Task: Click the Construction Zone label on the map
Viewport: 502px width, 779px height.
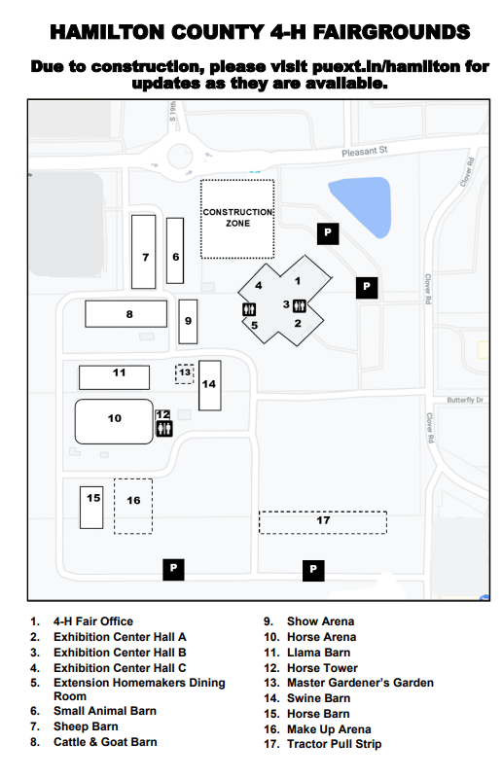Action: [237, 218]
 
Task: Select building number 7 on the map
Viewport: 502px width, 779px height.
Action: [143, 251]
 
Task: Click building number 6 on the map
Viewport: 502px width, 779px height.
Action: [175, 250]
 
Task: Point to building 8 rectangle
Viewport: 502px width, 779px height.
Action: [125, 313]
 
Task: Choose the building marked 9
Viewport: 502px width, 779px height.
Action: [188, 322]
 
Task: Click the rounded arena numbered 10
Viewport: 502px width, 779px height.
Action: [114, 421]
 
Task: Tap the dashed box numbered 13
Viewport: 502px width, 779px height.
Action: [185, 373]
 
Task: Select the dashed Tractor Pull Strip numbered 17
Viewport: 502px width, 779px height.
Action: [323, 522]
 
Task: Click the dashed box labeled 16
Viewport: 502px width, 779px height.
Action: [133, 507]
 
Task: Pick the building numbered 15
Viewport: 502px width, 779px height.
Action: [91, 508]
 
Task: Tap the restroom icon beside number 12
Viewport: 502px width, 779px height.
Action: [164, 428]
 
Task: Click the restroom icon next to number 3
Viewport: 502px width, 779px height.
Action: [300, 305]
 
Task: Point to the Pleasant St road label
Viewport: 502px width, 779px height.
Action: [364, 151]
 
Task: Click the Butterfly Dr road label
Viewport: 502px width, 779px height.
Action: [465, 400]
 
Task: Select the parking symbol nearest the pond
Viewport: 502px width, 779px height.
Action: [328, 233]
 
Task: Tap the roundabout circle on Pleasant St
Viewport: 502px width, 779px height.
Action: [180, 156]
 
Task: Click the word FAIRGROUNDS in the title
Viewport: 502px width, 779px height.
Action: [392, 32]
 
